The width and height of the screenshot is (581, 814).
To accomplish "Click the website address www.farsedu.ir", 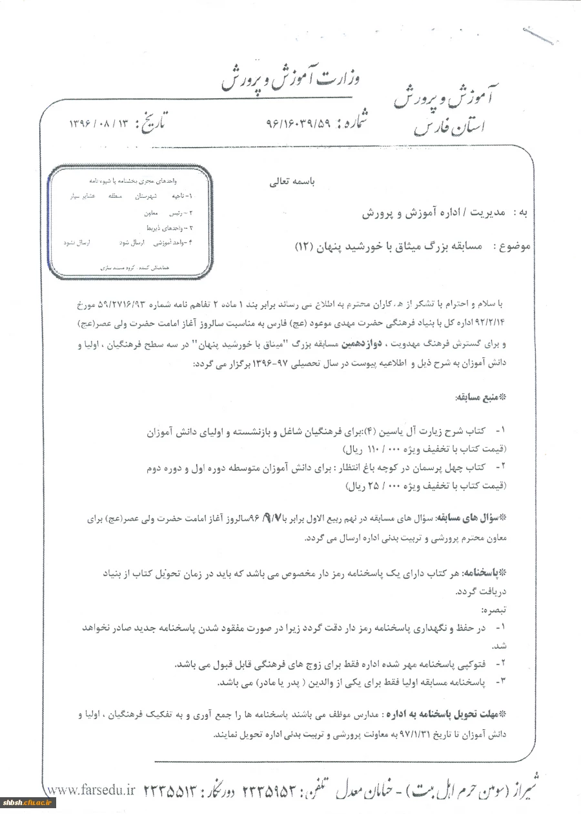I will tap(90, 790).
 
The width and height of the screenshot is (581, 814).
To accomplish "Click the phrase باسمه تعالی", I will tap(291, 182).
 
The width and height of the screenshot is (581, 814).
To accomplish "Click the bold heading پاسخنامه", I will tap(484, 572).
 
